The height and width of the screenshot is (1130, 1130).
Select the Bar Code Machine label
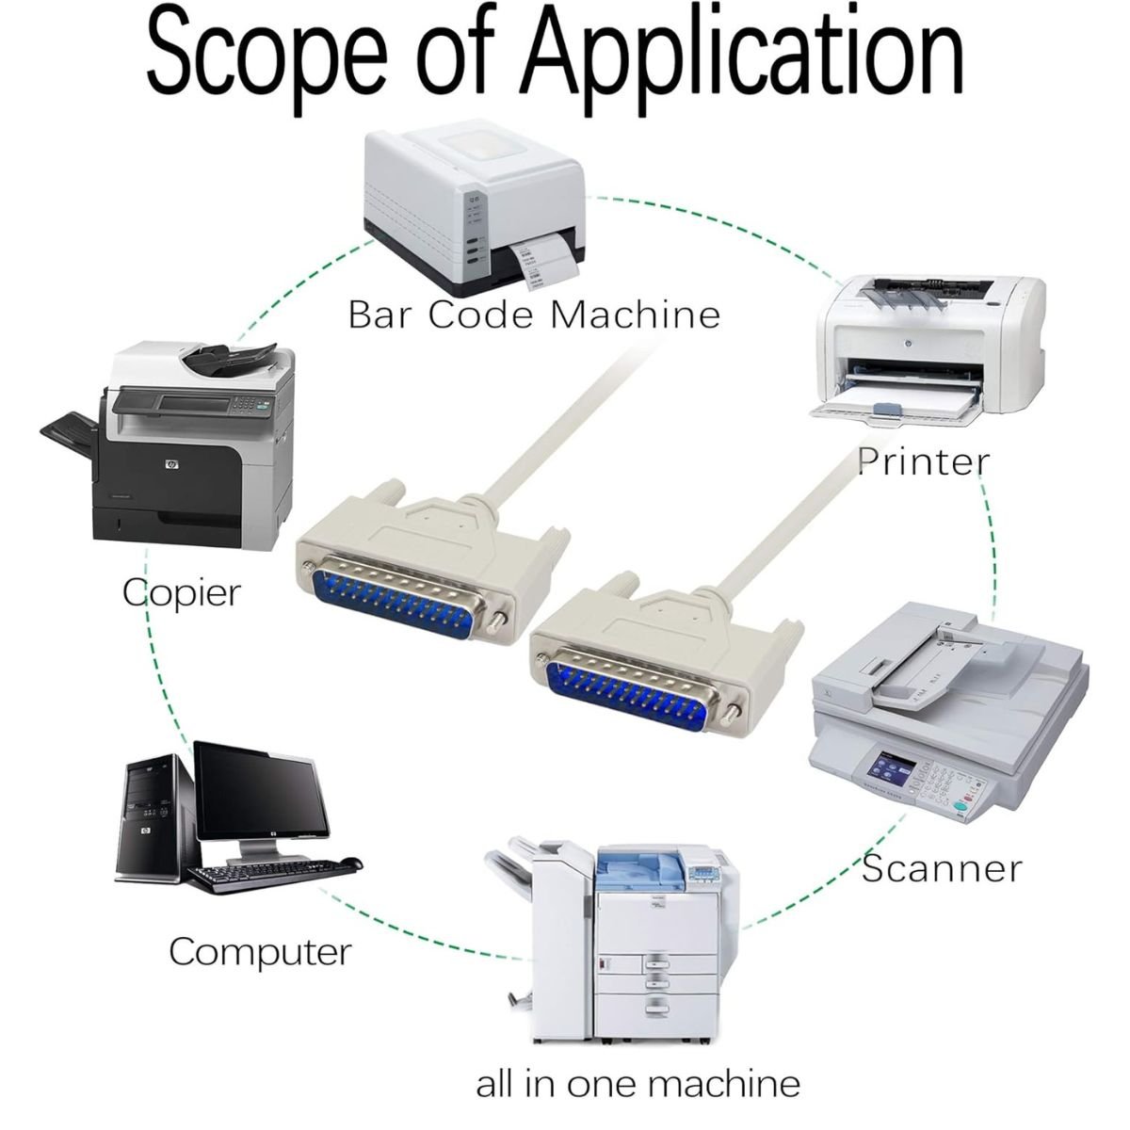coord(534,315)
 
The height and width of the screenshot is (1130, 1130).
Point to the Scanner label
coord(942,868)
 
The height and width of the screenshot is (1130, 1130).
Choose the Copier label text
coord(182,593)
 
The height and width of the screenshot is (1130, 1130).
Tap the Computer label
coord(260,952)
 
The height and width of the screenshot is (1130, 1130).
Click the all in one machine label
coord(638,1068)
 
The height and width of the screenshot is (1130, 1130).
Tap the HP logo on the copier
coord(172,465)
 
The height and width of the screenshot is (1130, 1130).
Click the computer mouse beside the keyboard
coord(350,863)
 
